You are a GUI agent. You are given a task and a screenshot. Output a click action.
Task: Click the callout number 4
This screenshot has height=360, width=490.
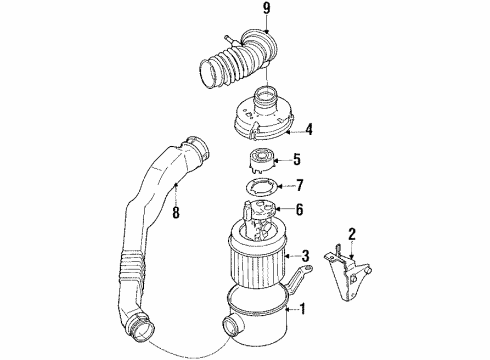pyautogui.click(x=310, y=127)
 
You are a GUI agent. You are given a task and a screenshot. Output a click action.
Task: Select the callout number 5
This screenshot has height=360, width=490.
pyautogui.click(x=296, y=158)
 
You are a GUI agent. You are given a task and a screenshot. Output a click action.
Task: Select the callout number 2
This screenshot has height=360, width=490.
pyautogui.click(x=352, y=235)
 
